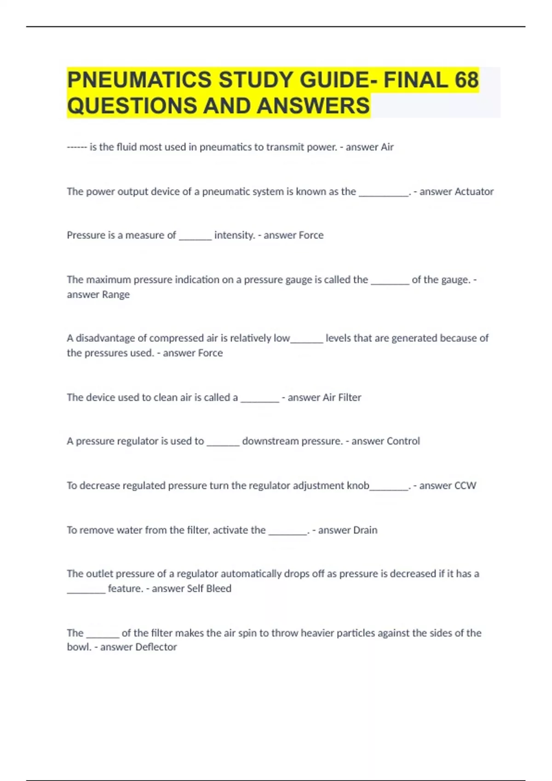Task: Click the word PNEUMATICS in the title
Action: tap(140, 80)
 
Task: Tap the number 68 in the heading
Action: tap(466, 80)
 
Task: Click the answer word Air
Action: tap(387, 147)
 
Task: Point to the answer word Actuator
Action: tap(474, 192)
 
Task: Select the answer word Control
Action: tap(402, 441)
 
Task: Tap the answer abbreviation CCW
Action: tap(465, 486)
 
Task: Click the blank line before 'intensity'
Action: tap(195, 237)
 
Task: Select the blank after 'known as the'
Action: tap(384, 194)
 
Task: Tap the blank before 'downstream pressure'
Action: tap(223, 443)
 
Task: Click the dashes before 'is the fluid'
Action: tap(76, 147)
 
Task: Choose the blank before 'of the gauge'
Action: tap(390, 282)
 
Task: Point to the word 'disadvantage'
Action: tap(105, 338)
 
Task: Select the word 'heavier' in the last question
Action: tap(316, 633)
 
